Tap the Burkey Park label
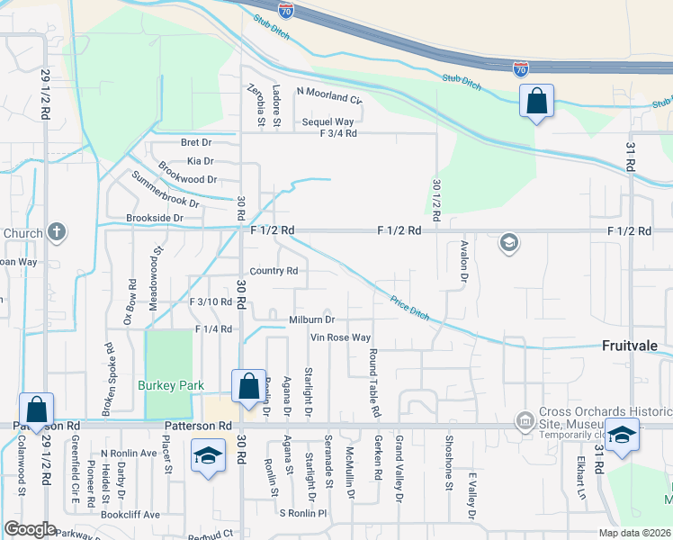click(166, 384)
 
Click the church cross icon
click(56, 232)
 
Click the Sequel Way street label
click(328, 121)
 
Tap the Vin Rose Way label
click(340, 337)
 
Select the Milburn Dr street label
click(311, 319)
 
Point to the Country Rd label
click(274, 271)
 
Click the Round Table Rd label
click(372, 384)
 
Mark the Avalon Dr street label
click(464, 260)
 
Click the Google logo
click(30, 529)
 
